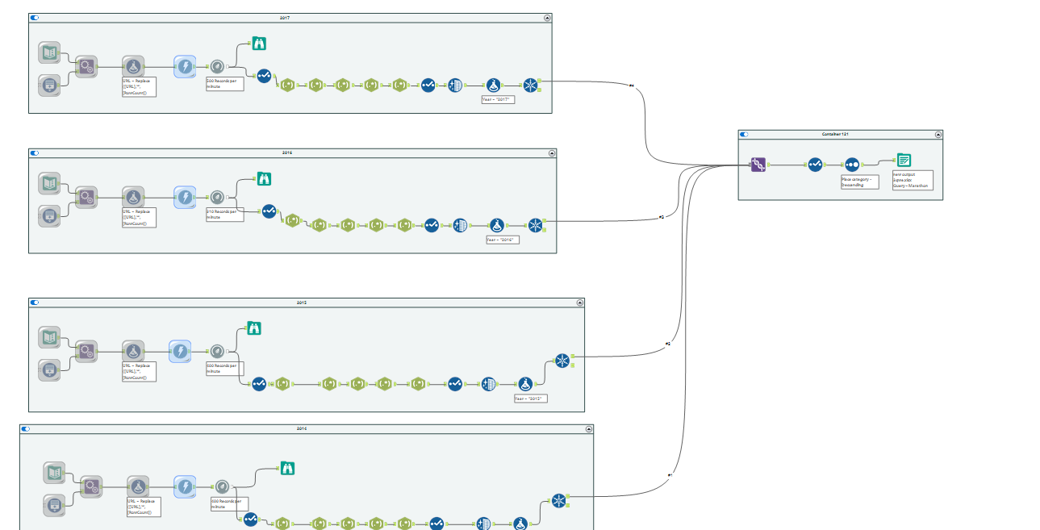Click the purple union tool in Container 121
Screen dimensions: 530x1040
[758, 165]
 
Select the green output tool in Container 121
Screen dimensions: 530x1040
[904, 160]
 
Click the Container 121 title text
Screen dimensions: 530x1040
[839, 135]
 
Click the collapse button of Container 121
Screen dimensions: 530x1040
[938, 135]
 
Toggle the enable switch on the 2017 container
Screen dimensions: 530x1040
[35, 17]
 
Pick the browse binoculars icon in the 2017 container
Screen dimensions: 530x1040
[259, 44]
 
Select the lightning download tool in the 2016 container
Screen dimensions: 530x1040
[185, 197]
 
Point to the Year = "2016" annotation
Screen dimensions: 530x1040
[503, 240]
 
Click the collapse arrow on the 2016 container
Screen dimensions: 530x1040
[552, 152]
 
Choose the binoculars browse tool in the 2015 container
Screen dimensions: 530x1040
[254, 328]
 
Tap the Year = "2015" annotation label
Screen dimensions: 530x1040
[530, 399]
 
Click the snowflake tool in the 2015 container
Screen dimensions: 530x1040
[562, 361]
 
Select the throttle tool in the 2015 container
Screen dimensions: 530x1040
[217, 351]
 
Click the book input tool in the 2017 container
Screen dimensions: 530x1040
[49, 53]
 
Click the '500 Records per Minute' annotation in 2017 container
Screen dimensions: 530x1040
[224, 84]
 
